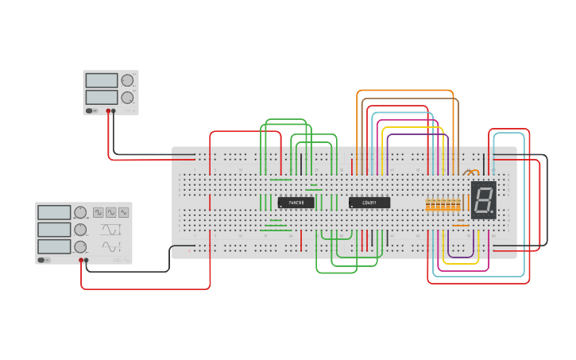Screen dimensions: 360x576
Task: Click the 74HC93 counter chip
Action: click(296, 203)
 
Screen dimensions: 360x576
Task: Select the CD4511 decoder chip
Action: click(369, 203)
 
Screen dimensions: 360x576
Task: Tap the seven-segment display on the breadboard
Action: click(483, 199)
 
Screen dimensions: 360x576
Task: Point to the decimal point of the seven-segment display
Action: click(493, 215)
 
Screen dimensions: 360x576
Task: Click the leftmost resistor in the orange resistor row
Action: click(427, 205)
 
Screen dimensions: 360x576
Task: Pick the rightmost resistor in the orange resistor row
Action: click(458, 205)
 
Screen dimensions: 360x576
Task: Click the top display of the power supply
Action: click(101, 80)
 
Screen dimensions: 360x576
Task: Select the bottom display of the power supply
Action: click(101, 97)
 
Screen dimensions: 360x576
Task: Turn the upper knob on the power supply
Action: click(127, 80)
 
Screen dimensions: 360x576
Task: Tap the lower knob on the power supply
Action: click(127, 97)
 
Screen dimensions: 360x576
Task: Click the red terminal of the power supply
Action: click(108, 111)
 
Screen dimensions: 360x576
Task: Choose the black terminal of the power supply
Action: click(114, 111)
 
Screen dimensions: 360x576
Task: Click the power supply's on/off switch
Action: click(91, 111)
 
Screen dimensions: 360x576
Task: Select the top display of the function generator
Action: click(54, 212)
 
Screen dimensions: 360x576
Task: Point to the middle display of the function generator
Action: click(54, 229)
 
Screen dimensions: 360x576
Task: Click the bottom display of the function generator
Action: click(54, 246)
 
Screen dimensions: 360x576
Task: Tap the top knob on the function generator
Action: click(80, 212)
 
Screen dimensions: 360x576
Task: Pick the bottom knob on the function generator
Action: click(80, 246)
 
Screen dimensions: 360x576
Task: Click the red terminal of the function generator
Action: click(81, 260)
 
